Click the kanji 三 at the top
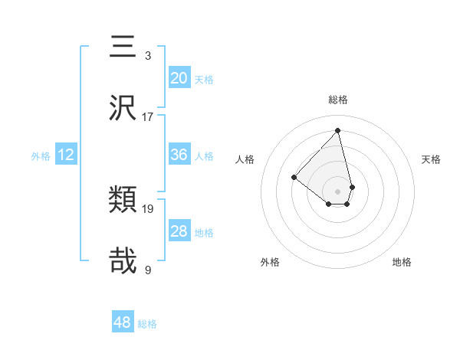click(x=123, y=47)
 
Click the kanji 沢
click(x=123, y=108)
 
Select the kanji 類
click(x=123, y=201)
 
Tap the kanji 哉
click(x=123, y=260)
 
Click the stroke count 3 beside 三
click(x=148, y=56)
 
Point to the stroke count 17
click(x=148, y=116)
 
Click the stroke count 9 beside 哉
click(x=148, y=269)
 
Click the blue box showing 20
click(x=179, y=78)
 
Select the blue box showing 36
click(x=179, y=155)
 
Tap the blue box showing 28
click(x=179, y=231)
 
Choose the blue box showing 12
click(x=66, y=155)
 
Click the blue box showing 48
click(x=123, y=322)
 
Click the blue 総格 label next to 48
click(x=147, y=324)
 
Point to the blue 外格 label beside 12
click(x=41, y=156)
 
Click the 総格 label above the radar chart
click(x=338, y=100)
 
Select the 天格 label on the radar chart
click(x=431, y=159)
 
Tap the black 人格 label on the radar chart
click(x=245, y=159)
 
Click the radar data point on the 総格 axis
click(x=338, y=131)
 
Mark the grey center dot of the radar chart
click(x=338, y=191)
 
